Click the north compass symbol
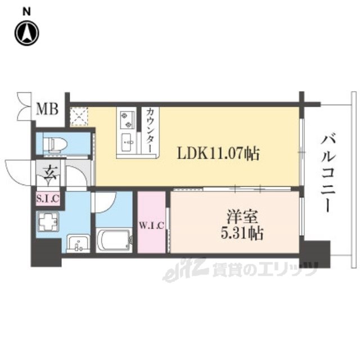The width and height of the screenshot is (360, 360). click(x=26, y=32)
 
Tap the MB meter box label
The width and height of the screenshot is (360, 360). click(x=47, y=109)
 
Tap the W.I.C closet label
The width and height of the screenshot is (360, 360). click(x=151, y=226)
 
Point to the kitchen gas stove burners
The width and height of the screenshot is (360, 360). click(x=125, y=120)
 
